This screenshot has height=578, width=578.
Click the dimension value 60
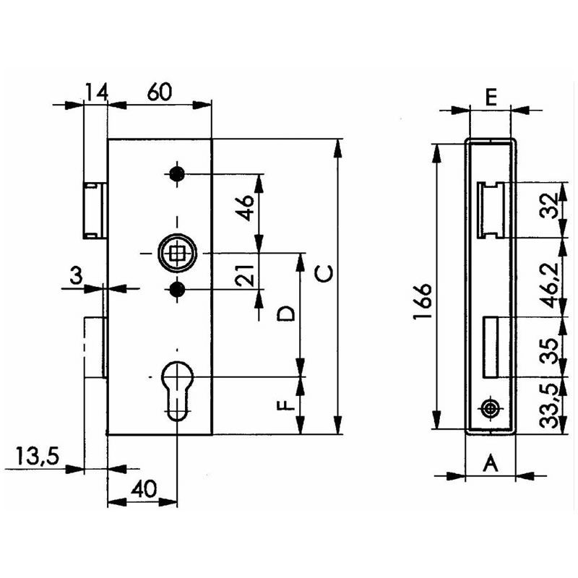pos(159,92)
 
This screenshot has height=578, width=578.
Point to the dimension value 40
pos(144,489)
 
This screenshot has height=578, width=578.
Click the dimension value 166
pos(423,301)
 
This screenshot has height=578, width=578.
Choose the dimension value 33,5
pos(551,405)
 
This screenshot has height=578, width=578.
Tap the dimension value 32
pos(550,207)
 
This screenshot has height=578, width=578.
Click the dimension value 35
pos(551,351)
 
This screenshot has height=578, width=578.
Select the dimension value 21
pos(245,275)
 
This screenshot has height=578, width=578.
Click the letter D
pos(285,314)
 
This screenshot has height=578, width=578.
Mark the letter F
pos(286,405)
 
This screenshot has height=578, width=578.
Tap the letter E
pos(491,98)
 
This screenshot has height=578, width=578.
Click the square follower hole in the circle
pos(177,254)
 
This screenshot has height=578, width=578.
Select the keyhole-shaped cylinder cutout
pos(177,390)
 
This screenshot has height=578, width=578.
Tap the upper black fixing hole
pos(177,173)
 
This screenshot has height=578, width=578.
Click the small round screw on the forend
pos(490,408)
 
